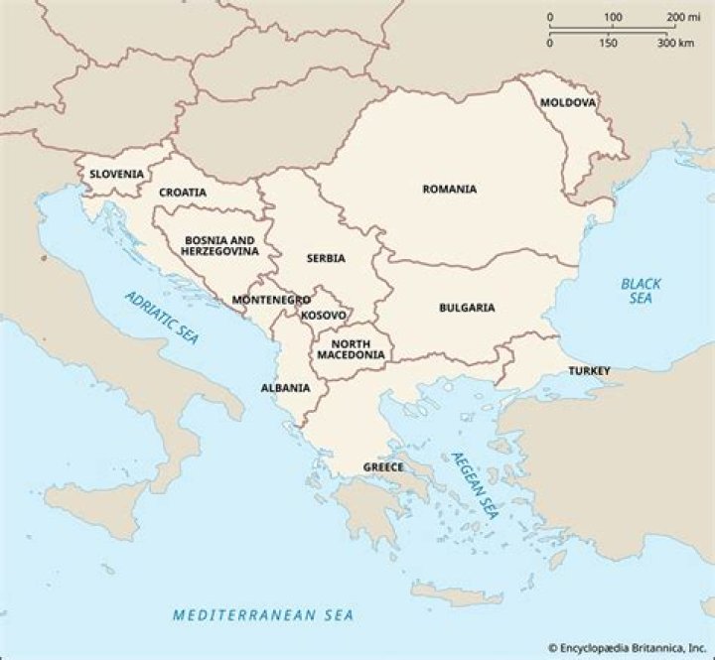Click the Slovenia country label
pos(117,174)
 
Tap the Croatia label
pos(183,193)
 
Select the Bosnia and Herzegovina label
pos(219,246)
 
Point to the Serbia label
pos(326,258)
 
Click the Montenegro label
pos(271,299)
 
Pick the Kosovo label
pos(324,316)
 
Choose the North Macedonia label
pos(351,348)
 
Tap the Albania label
pos(285,388)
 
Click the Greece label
pos(383,466)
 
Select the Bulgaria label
pos(467,308)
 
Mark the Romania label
pos(449,189)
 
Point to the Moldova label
pos(568,102)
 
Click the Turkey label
pos(589,371)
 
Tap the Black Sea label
pos(641,291)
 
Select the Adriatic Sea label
pos(162,317)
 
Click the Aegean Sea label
pos(474,486)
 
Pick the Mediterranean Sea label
pos(262,614)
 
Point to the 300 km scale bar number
pos(674,43)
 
